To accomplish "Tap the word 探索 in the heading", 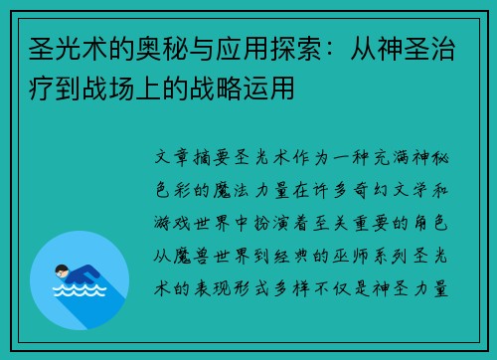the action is [x=296, y=50].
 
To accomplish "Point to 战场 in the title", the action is [x=108, y=89].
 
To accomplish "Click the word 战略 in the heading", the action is [x=216, y=89].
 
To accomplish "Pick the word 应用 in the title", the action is [x=243, y=50].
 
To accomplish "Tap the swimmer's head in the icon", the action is [x=62, y=270].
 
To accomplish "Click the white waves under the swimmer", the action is [x=80, y=290].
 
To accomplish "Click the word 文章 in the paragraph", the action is [x=172, y=157].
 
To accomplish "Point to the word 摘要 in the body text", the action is [x=212, y=157].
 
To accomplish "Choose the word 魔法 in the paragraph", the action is [x=231, y=190].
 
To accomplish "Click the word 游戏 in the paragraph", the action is [x=172, y=223].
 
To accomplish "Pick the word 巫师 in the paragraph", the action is [x=351, y=256].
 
